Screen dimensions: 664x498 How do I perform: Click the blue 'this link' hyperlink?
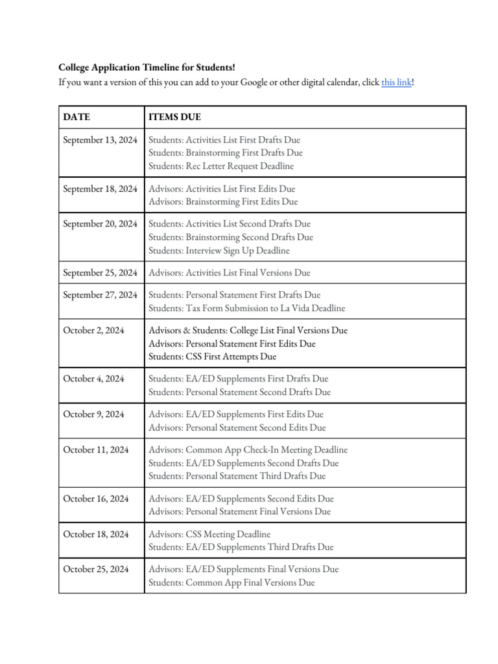(396, 82)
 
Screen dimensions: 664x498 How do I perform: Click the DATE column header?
(77, 117)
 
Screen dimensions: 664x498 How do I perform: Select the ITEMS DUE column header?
(174, 117)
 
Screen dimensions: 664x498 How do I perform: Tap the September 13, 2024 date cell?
(100, 139)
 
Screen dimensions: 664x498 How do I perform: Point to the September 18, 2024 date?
(100, 189)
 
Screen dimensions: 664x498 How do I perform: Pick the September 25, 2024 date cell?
(100, 272)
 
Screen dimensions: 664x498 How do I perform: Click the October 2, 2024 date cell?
(93, 330)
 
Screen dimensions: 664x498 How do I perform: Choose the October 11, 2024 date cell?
(97, 449)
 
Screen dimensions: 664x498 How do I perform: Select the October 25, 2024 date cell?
(97, 569)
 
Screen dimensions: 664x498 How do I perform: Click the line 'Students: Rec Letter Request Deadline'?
(221, 166)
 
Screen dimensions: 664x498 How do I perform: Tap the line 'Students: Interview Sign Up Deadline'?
(219, 250)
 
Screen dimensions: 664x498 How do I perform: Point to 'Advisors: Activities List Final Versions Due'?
(230, 272)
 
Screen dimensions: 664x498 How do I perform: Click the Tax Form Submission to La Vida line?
(246, 308)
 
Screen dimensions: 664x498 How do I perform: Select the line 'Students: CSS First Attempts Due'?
(212, 357)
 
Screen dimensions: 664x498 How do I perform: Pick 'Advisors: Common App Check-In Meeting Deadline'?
(248, 449)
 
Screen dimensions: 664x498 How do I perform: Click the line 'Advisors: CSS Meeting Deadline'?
(209, 534)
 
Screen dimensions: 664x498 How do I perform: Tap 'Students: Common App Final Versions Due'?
(231, 582)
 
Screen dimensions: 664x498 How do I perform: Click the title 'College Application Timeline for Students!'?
(147, 67)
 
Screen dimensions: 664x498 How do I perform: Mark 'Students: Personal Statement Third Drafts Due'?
(237, 476)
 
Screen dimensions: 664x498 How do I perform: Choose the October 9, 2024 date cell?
(94, 414)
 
